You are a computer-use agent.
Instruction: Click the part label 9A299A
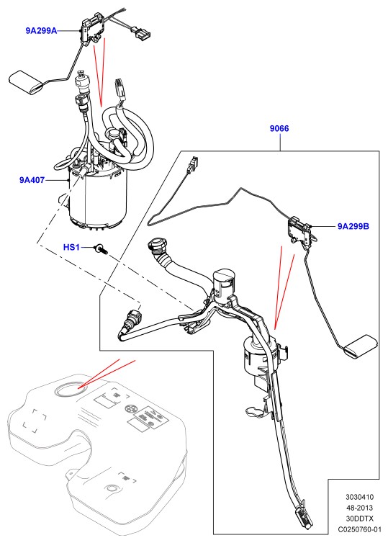click(x=41, y=31)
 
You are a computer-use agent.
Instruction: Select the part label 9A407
click(x=32, y=180)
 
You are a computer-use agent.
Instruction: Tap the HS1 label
click(x=71, y=247)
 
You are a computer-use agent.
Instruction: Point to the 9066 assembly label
click(x=279, y=128)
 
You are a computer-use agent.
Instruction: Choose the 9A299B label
click(x=353, y=226)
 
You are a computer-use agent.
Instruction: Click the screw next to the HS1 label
click(x=101, y=248)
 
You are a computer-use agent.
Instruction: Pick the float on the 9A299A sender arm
click(x=26, y=82)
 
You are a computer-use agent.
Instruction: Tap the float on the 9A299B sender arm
click(x=361, y=346)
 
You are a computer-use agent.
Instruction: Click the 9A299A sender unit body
click(x=93, y=28)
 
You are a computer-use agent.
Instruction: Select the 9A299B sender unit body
click(x=299, y=230)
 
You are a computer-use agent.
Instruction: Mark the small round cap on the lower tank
click(x=112, y=489)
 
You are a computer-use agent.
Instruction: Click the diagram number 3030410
click(x=360, y=498)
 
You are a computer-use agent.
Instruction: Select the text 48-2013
click(x=360, y=508)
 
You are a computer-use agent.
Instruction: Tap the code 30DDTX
click(x=360, y=519)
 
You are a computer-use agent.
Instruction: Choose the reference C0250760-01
click(x=360, y=529)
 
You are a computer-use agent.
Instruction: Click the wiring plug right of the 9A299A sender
click(x=140, y=32)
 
